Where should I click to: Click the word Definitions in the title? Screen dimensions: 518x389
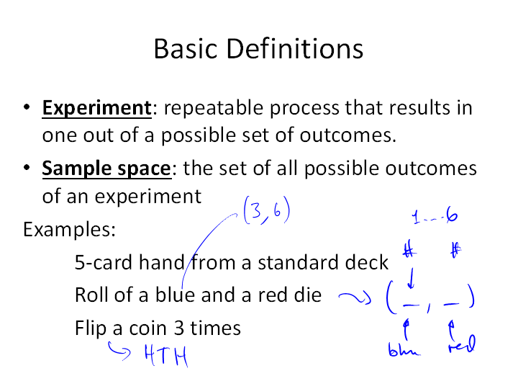(295, 49)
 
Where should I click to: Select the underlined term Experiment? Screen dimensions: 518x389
(97, 109)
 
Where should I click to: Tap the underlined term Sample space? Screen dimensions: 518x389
(106, 169)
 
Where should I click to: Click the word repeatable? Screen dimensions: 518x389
(214, 109)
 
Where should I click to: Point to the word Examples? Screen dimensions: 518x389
(69, 229)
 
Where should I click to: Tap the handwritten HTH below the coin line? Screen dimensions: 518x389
(166, 356)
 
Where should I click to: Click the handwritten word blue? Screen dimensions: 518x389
(404, 349)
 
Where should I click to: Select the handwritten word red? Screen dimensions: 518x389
(462, 344)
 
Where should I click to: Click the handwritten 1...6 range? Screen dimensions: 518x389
(435, 216)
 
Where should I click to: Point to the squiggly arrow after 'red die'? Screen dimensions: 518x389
(355, 297)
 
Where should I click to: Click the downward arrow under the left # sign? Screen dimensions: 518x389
(411, 279)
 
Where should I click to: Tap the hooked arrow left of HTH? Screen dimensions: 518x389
(119, 351)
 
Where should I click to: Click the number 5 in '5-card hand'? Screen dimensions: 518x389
(80, 263)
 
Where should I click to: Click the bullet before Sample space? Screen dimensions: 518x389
(27, 168)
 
